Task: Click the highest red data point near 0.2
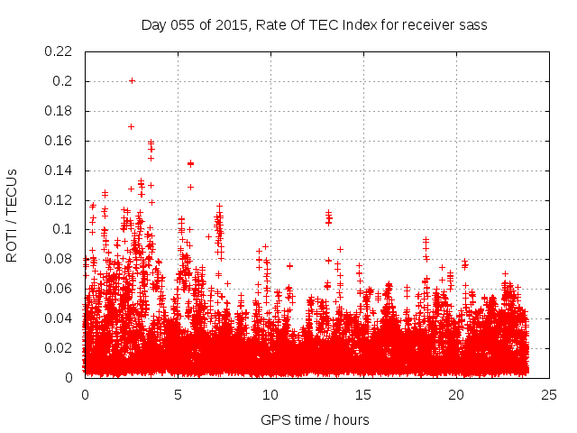pyautogui.click(x=132, y=80)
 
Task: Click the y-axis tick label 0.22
pyautogui.click(x=60, y=51)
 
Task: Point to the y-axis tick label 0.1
pyautogui.click(x=65, y=229)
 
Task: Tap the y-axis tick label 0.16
pyautogui.click(x=60, y=141)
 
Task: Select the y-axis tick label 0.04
pyautogui.click(x=60, y=318)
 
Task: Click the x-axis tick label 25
pyautogui.click(x=549, y=394)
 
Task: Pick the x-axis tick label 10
pyautogui.click(x=270, y=394)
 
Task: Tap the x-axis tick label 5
pyautogui.click(x=178, y=394)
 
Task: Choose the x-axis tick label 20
pyautogui.click(x=456, y=394)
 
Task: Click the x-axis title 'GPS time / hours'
pyautogui.click(x=315, y=419)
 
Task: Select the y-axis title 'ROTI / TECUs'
pyautogui.click(x=13, y=215)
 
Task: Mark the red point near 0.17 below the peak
pyautogui.click(x=131, y=126)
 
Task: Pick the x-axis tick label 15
pyautogui.click(x=363, y=394)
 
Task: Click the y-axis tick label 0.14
pyautogui.click(x=60, y=170)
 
